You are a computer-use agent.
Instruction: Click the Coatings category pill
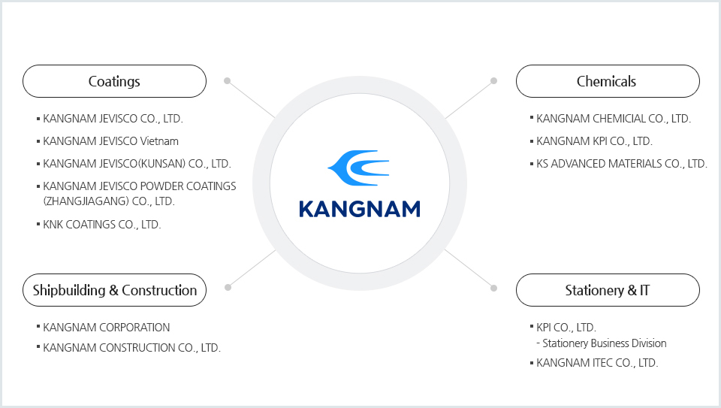(114, 81)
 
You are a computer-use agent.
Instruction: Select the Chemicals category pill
(607, 81)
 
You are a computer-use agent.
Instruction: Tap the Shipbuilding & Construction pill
(114, 290)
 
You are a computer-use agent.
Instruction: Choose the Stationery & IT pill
(607, 290)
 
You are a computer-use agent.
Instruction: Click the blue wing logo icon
(359, 168)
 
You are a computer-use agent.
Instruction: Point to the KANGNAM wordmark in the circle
(359, 208)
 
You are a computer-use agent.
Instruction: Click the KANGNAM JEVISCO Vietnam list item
(110, 141)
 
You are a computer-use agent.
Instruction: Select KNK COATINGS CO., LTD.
(102, 224)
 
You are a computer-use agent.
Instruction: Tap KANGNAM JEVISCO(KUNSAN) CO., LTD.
(137, 163)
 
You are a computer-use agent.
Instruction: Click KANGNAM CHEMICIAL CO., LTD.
(614, 118)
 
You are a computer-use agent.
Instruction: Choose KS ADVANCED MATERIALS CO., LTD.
(622, 163)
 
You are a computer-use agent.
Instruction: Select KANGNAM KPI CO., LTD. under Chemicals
(595, 141)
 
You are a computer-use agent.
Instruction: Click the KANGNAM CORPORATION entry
(107, 327)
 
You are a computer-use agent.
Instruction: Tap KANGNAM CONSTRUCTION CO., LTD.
(131, 347)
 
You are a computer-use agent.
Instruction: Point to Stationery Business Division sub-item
(604, 343)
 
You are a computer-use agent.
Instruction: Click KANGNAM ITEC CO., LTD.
(597, 362)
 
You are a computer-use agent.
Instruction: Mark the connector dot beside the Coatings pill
(227, 80)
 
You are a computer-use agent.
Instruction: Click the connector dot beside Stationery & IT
(493, 286)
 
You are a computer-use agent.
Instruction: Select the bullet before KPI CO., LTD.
(532, 326)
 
